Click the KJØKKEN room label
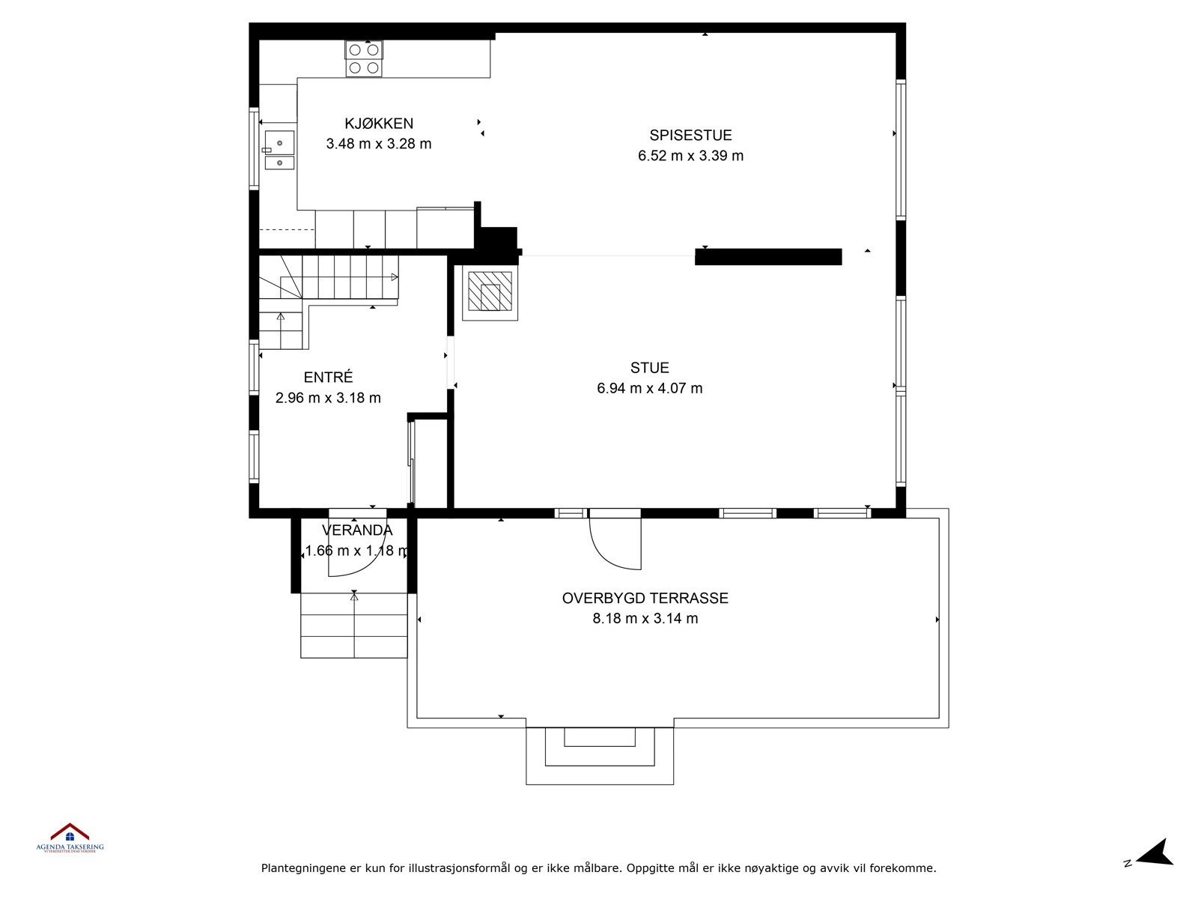pos(379,124)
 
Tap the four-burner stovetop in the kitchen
pos(364,59)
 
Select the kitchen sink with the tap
pos(279,142)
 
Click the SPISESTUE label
pos(690,136)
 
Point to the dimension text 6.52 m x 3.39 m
pos(690,156)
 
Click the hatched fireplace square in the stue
pos(490,294)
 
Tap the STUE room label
pos(649,368)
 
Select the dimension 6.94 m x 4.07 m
pos(649,388)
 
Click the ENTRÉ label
pos(328,378)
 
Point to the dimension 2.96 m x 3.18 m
pos(328,398)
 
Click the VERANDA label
pos(357,530)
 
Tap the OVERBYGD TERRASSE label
pos(645,599)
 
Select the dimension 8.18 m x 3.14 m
pos(645,619)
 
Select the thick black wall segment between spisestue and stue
pos(768,257)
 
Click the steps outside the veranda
pos(354,625)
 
